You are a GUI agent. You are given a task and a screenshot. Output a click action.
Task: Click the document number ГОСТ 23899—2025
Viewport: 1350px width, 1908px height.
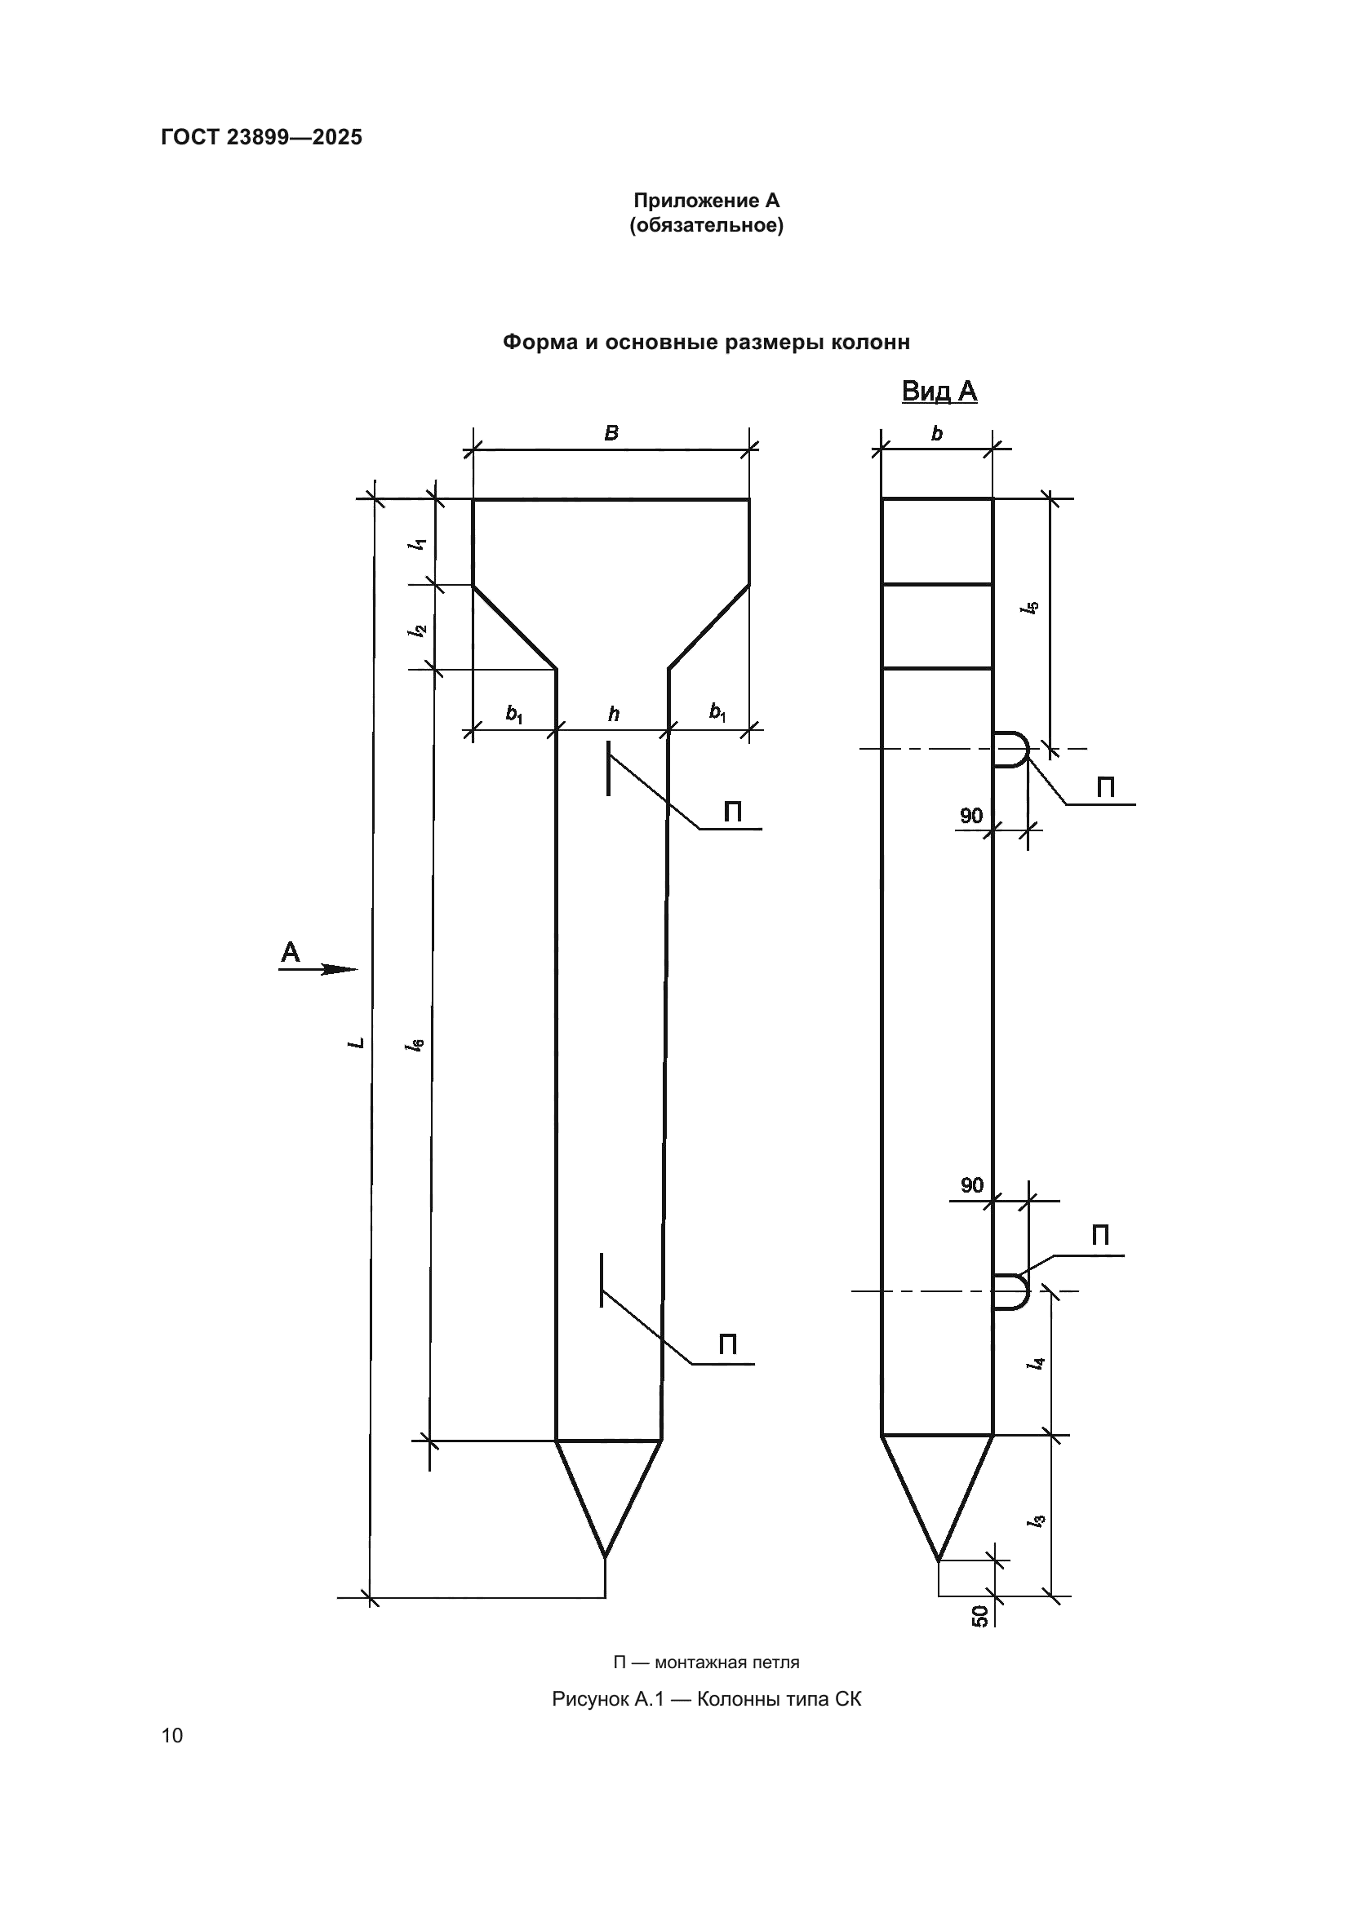pos(262,137)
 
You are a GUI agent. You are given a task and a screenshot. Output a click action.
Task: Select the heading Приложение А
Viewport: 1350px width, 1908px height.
pos(706,201)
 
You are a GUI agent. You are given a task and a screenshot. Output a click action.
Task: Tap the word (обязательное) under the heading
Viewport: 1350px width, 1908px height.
pos(706,225)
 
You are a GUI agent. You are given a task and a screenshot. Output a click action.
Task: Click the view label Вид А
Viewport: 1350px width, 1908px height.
pos(939,392)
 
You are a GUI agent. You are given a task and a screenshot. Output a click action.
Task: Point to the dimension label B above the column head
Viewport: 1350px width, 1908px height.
pos(611,433)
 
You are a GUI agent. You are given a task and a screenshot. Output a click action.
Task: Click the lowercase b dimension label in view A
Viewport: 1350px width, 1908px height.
pos(937,433)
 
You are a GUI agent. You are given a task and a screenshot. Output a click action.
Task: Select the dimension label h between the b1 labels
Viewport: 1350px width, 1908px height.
pos(614,714)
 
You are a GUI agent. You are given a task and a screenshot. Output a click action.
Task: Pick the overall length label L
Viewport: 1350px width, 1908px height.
pos(357,1041)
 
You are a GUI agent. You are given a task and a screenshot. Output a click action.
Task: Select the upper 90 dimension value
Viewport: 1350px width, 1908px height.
pos(971,815)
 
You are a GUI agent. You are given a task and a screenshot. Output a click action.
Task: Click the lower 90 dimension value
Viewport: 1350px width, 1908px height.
pos(972,1185)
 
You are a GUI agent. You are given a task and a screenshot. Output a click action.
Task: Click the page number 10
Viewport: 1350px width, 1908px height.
pos(172,1735)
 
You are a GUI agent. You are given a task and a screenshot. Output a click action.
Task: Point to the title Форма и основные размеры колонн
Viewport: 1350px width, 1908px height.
pos(706,343)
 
